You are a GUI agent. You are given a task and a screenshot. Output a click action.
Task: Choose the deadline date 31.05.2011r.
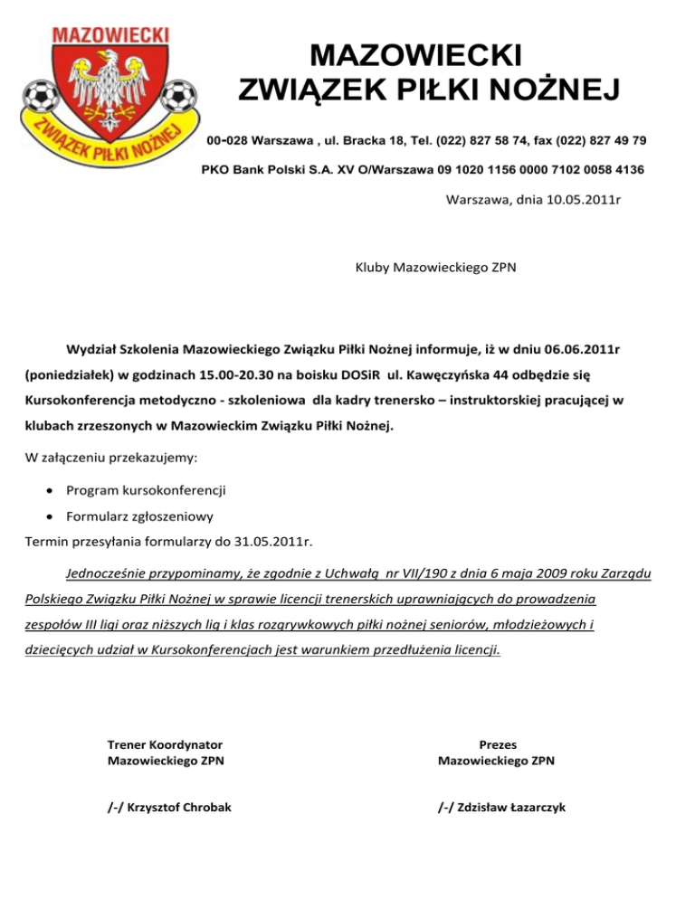pyautogui.click(x=271, y=543)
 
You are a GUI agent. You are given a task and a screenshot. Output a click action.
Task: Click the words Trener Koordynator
pyautogui.click(x=166, y=744)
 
